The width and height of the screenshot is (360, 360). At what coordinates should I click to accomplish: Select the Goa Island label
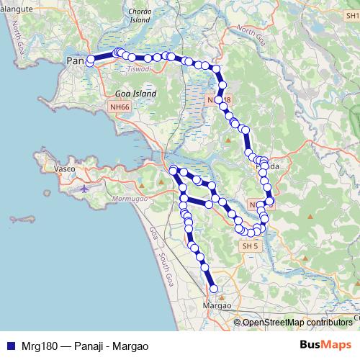(x=131, y=94)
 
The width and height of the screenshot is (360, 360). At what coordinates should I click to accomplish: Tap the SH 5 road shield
(x=249, y=246)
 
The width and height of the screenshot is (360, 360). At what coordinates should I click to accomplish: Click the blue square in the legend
(x=9, y=346)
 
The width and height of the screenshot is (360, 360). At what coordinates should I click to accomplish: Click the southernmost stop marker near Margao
(x=214, y=289)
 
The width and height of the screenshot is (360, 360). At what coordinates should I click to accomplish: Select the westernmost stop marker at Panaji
(x=90, y=63)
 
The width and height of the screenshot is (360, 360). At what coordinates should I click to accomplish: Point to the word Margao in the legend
(x=132, y=346)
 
